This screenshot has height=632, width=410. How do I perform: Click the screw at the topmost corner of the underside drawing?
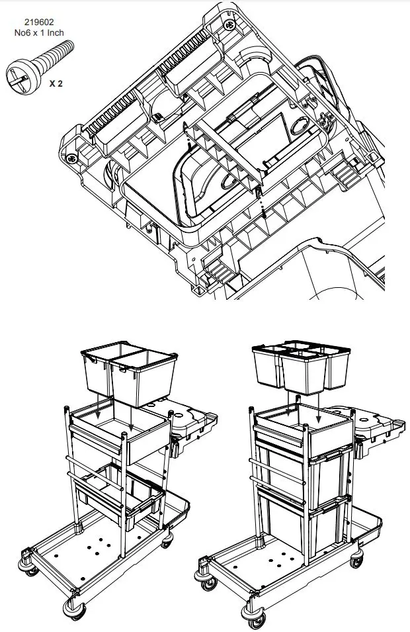point(230,26)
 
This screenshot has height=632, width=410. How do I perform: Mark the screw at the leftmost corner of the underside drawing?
point(71,158)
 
